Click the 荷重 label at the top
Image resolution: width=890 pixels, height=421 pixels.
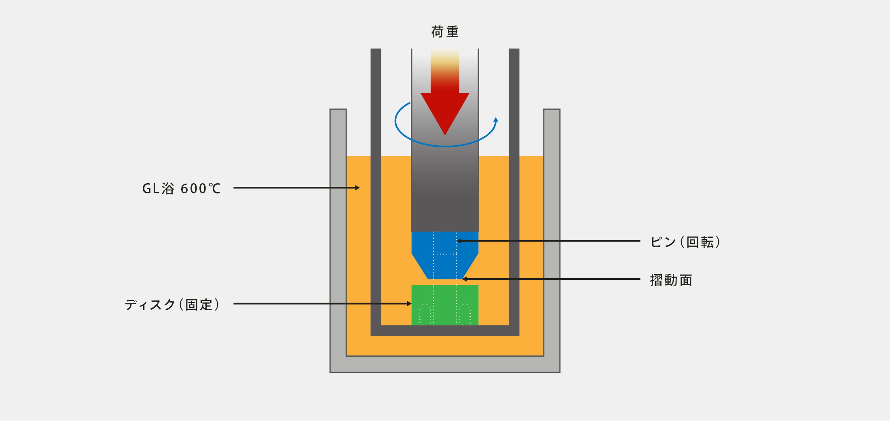tap(445, 32)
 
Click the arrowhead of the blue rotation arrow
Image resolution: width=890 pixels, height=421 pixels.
tap(496, 120)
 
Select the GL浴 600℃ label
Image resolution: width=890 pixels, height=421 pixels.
tap(181, 188)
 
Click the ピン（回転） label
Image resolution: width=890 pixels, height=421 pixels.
tap(685, 242)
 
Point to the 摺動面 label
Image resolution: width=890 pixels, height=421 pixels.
tap(671, 280)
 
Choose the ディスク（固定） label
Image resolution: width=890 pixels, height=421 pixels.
tap(172, 305)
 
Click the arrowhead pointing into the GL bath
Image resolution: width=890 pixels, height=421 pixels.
tap(357, 188)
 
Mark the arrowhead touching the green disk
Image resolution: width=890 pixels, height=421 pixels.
tap(409, 304)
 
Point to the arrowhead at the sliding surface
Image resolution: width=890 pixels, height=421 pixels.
tap(465, 279)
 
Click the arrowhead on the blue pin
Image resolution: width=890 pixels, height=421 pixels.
tap(459, 241)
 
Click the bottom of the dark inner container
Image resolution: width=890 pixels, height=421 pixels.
tap(445, 330)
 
